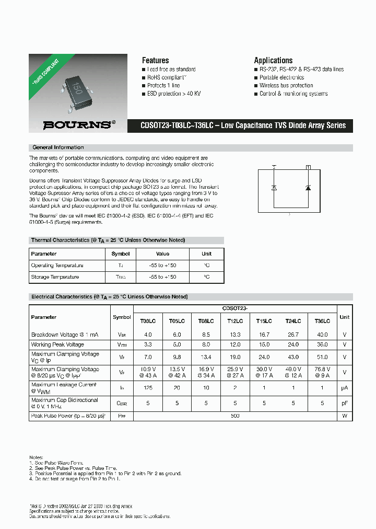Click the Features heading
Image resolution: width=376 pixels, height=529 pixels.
155,60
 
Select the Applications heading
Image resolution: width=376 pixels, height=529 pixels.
273,60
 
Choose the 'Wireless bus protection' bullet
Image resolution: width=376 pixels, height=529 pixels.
286,86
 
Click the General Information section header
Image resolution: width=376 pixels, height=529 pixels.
58,147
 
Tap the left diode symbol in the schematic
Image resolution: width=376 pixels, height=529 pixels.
275,187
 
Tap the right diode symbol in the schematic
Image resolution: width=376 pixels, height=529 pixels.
308,187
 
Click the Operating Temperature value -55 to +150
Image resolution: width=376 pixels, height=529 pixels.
162,266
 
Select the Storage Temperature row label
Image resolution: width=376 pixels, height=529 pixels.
55,277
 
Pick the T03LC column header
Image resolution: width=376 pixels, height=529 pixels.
148,321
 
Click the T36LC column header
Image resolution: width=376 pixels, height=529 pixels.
322,321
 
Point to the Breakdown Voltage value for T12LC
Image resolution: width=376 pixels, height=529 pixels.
235,335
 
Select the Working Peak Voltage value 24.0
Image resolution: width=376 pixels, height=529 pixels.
293,345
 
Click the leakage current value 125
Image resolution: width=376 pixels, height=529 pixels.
148,388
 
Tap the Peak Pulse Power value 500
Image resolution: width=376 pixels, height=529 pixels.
235,416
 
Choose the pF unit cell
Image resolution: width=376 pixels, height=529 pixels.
345,403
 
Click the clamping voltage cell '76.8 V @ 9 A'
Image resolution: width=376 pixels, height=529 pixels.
322,372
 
